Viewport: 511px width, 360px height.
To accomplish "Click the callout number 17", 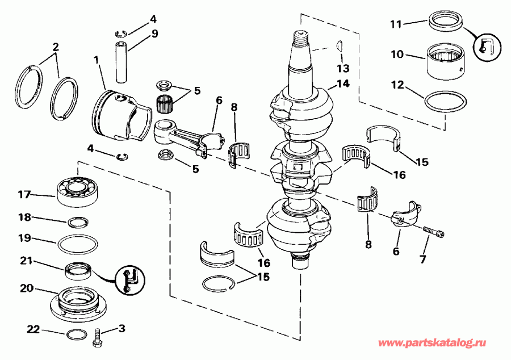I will click(24, 194).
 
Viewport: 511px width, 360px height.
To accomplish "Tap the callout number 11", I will click(396, 24).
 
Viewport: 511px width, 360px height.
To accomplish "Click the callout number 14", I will click(342, 84).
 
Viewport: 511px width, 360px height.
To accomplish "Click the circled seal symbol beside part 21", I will click(129, 279).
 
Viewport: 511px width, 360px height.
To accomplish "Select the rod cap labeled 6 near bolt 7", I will click(405, 217).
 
